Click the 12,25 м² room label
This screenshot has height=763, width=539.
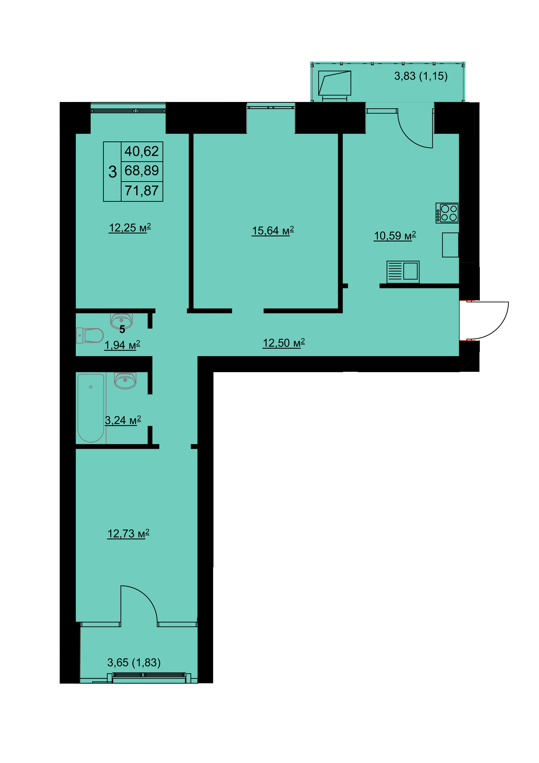coord(130,228)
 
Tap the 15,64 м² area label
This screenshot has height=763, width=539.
coord(273,231)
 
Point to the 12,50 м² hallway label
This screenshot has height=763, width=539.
coord(284,343)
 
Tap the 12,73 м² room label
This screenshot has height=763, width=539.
coord(128,534)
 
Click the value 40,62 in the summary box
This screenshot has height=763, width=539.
coord(142,151)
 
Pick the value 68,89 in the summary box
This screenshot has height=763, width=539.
coord(142,171)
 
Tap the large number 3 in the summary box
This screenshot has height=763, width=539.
coord(112,172)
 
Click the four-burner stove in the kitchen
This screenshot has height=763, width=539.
coord(447,213)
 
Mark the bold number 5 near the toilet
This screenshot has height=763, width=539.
coord(122,329)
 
